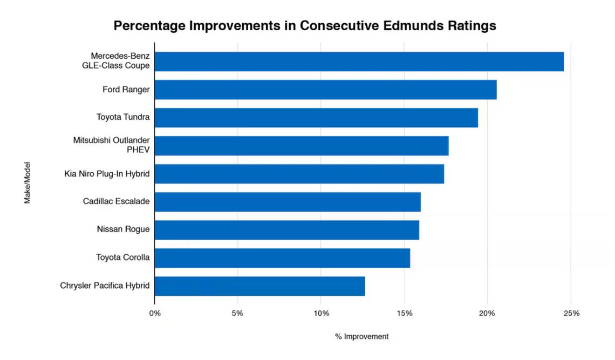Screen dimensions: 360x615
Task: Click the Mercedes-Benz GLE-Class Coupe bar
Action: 359,62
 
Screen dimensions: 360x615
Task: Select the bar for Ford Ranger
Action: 325,90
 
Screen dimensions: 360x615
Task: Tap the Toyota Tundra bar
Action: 316,118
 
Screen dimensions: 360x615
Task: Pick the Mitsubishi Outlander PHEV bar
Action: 301,146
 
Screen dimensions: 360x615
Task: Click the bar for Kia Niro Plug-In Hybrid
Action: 299,174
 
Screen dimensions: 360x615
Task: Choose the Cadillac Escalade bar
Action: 287,202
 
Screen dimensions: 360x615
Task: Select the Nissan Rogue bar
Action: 286,230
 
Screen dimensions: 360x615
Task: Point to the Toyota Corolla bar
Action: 282,258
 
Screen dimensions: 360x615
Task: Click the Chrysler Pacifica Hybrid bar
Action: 259,286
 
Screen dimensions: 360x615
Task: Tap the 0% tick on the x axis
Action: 154,313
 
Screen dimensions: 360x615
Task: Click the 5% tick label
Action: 237,313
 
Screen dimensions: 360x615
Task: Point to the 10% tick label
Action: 321,313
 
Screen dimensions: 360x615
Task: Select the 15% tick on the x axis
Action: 404,313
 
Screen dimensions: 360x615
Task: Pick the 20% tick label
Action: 487,313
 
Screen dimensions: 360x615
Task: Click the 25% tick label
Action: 571,313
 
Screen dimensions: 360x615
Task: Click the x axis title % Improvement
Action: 361,336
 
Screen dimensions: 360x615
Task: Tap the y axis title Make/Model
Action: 27,182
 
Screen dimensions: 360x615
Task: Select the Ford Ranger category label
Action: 126,90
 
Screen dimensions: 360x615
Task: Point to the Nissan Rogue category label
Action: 123,230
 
